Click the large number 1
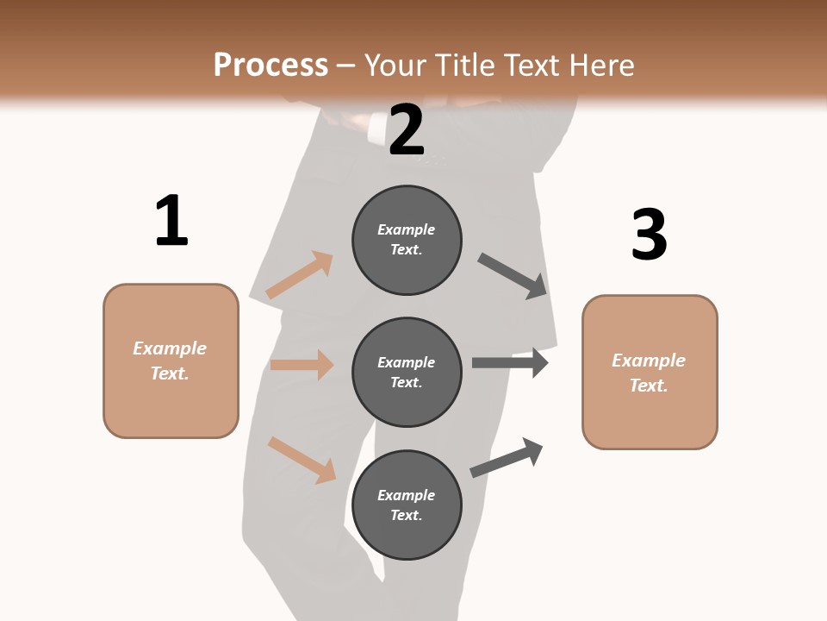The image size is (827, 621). (x=171, y=221)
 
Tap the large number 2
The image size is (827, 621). (x=407, y=130)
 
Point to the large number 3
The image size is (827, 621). (x=649, y=235)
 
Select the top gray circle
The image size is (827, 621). (x=407, y=240)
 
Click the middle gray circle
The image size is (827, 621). (x=407, y=372)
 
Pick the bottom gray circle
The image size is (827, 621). (x=407, y=505)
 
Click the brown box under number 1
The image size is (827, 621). (x=171, y=361)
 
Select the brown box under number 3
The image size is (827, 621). (x=650, y=372)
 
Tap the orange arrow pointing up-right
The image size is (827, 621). (x=300, y=274)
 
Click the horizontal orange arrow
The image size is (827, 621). (x=302, y=365)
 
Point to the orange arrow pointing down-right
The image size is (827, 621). (x=302, y=459)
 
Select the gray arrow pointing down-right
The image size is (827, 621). (x=513, y=276)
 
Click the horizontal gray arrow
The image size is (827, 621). (x=510, y=363)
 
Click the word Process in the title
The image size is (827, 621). (x=270, y=65)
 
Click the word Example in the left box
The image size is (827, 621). (x=170, y=348)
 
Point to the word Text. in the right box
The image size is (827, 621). (x=649, y=386)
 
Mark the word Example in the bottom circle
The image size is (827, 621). (x=407, y=495)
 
